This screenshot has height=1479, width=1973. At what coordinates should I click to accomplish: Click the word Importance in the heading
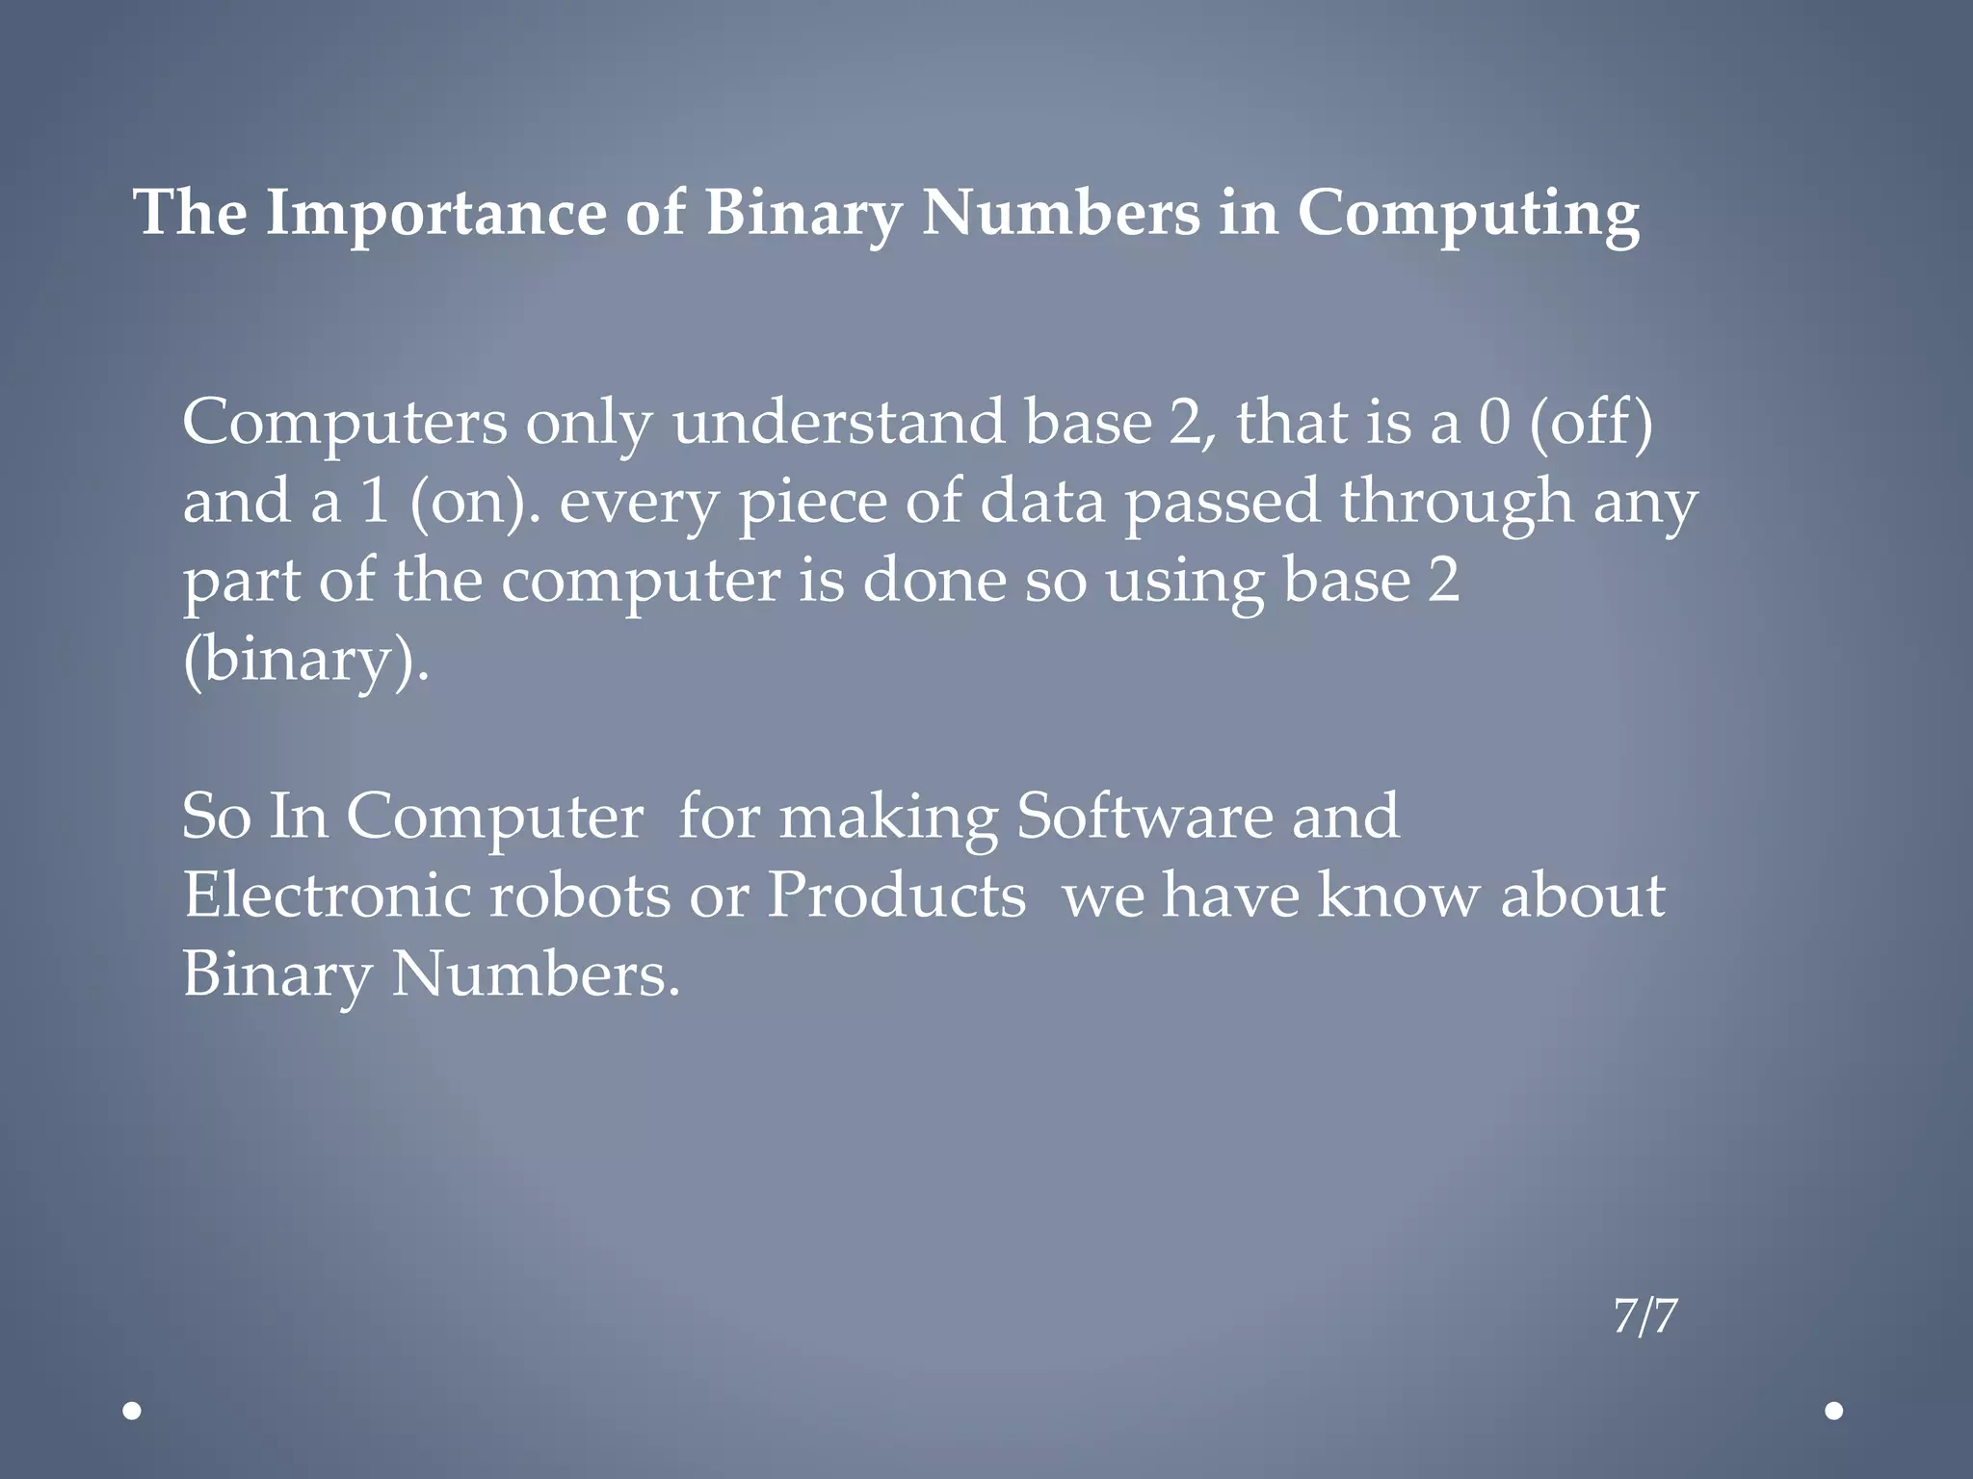[436, 214]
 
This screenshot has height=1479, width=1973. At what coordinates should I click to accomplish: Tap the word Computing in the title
[1468, 214]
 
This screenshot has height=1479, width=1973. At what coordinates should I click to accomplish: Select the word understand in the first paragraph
[838, 423]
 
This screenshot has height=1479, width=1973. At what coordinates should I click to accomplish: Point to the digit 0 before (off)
[1493, 423]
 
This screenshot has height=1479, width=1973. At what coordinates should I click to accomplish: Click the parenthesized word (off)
[1591, 423]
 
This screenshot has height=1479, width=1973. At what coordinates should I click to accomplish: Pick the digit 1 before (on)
[375, 502]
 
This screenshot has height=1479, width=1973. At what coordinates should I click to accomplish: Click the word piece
[812, 504]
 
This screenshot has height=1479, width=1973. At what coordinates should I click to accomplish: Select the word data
[1042, 502]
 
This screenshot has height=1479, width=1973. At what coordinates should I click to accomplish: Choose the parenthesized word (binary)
[304, 661]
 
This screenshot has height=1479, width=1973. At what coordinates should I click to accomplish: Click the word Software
[1144, 817]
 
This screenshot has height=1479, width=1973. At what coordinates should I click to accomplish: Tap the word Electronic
[327, 895]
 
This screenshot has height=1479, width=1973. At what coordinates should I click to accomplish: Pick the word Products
[896, 895]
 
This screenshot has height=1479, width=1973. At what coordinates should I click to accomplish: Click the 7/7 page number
[1645, 1316]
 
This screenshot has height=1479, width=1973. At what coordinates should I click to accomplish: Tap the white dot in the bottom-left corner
[133, 1412]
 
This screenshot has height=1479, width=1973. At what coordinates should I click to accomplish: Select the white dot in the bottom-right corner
[1834, 1412]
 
